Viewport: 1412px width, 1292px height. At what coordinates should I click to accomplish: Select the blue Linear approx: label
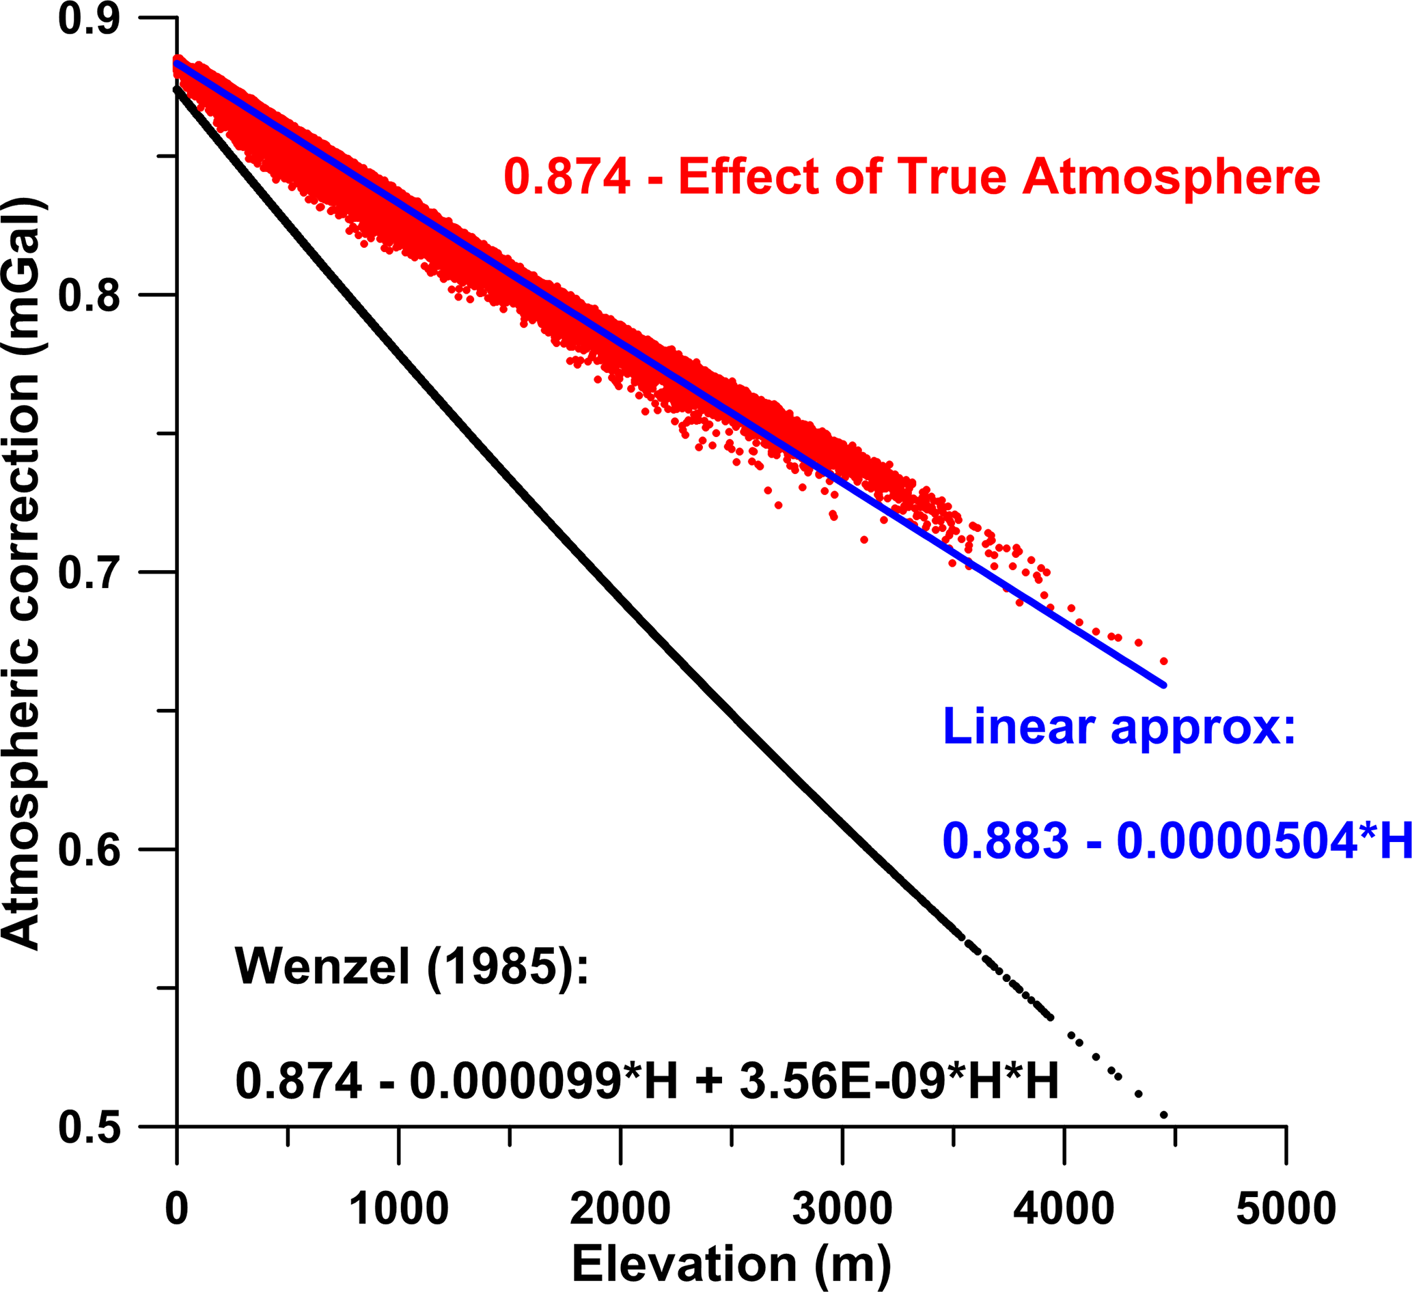[1119, 726]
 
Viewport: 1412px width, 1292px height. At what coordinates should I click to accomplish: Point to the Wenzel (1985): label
[412, 967]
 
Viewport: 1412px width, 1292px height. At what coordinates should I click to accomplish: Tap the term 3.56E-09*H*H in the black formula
[898, 1080]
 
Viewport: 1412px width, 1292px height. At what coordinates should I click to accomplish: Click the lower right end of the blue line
[1163, 686]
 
